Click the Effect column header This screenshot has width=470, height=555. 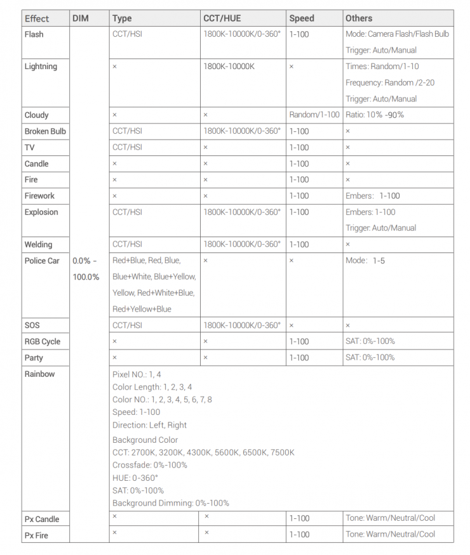pyautogui.click(x=37, y=18)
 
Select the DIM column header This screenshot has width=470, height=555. pyautogui.click(x=81, y=18)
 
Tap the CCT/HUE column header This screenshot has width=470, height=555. pyautogui.click(x=221, y=18)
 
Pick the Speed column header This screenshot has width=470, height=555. pyautogui.click(x=302, y=18)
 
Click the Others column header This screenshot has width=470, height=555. pyautogui.click(x=359, y=18)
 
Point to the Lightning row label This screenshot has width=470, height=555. pyautogui.click(x=41, y=67)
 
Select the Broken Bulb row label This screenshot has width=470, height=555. pyautogui.click(x=45, y=131)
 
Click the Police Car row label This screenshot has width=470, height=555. pyautogui.click(x=42, y=261)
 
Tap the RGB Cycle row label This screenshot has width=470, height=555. pyautogui.click(x=43, y=341)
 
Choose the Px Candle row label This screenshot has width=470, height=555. pyautogui.click(x=42, y=519)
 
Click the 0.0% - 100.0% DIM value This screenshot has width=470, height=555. pyautogui.click(x=86, y=269)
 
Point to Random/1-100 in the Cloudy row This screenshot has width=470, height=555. pyautogui.click(x=314, y=115)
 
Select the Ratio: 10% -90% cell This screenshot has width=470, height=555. pyautogui.click(x=375, y=115)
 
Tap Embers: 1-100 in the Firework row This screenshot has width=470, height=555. pyautogui.click(x=373, y=196)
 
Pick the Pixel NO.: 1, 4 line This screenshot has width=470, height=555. pyautogui.click(x=137, y=374)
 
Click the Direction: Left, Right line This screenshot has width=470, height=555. pyautogui.click(x=149, y=425)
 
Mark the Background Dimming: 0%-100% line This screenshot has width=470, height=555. pyautogui.click(x=171, y=503)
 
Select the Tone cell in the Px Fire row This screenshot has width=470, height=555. pyautogui.click(x=391, y=534)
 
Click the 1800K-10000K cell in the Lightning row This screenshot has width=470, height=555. pyautogui.click(x=229, y=67)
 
